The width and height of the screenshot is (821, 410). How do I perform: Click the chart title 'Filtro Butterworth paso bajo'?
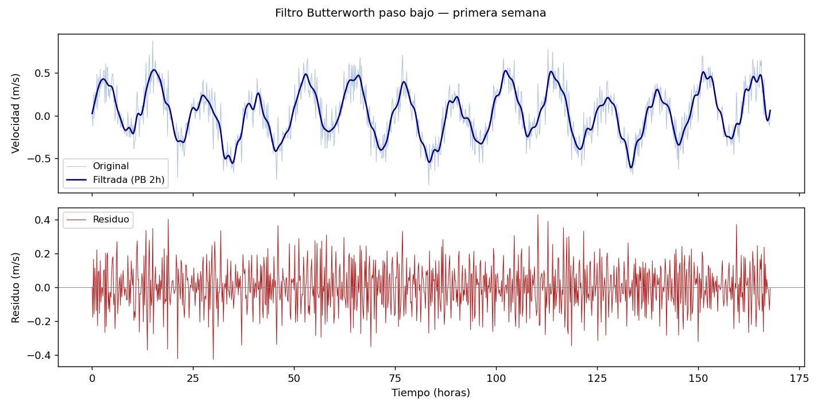(410, 13)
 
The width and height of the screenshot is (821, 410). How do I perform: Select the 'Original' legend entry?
(110, 166)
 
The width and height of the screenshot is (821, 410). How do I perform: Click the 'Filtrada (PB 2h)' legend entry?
(129, 180)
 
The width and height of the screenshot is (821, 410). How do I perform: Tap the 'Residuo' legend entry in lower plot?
(111, 220)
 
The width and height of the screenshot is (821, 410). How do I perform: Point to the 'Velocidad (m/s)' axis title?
(16, 113)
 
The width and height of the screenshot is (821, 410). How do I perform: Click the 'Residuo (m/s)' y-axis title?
(16, 287)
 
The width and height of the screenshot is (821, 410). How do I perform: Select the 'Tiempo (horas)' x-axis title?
(431, 393)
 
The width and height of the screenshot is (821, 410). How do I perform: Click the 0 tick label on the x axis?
(92, 378)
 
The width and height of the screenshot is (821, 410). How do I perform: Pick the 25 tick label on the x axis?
(193, 378)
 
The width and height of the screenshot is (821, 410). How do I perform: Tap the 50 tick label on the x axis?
(294, 378)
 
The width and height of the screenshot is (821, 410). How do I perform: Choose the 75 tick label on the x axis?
(395, 378)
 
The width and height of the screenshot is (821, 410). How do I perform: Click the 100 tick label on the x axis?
(496, 378)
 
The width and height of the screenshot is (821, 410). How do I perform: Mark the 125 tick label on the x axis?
(597, 378)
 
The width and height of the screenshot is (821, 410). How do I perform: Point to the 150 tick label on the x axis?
(698, 378)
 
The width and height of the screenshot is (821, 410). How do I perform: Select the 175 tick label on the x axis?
(799, 378)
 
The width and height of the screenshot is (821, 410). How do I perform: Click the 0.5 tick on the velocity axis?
(44, 73)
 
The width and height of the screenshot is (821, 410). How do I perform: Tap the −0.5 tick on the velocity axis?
(40, 159)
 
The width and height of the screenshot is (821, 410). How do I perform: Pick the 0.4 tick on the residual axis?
(44, 220)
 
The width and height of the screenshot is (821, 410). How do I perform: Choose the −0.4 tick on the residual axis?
(40, 356)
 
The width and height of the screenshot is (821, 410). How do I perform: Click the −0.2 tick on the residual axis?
(40, 322)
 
